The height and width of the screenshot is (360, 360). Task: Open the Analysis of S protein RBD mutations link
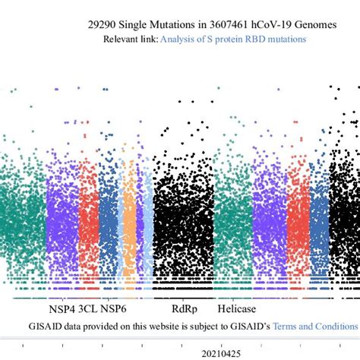pyautogui.click(x=232, y=39)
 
